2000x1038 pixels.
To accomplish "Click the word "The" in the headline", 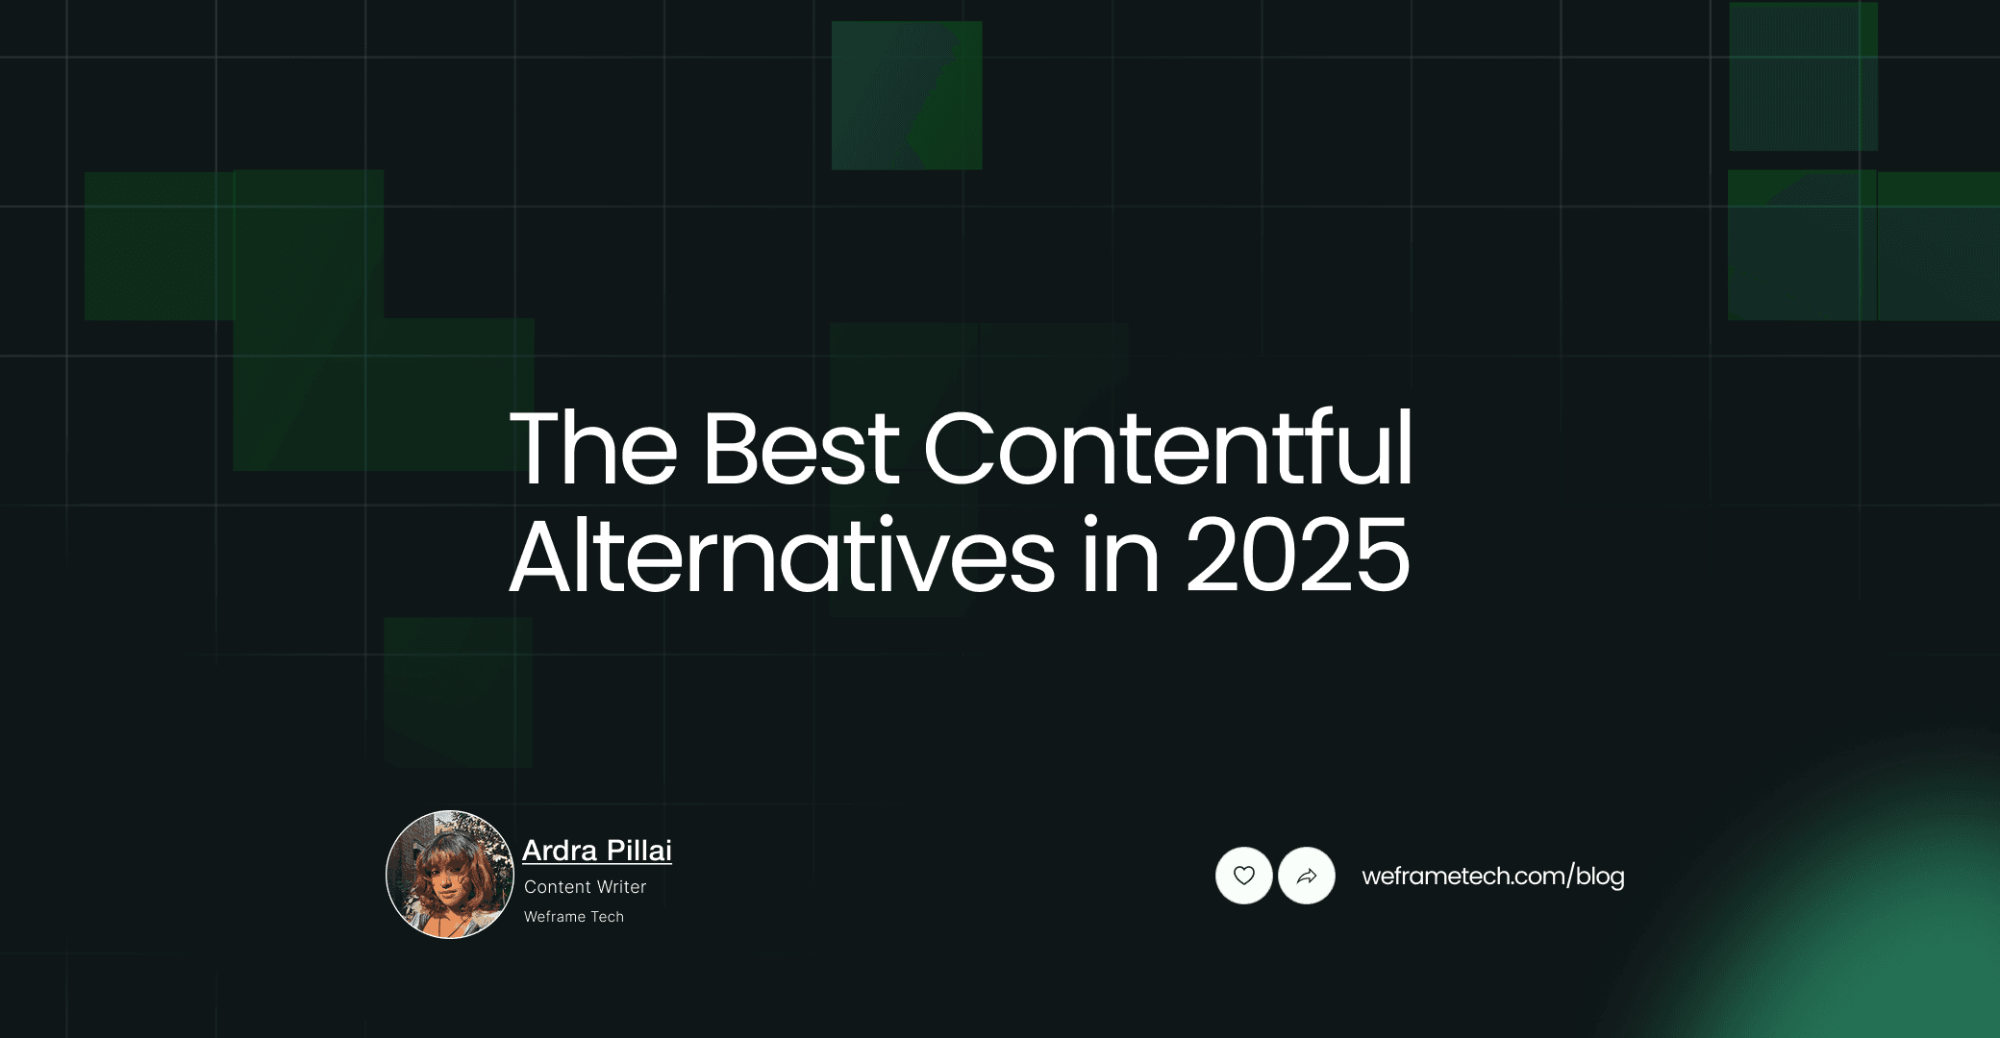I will [593, 449].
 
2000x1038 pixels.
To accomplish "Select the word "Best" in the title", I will [800, 449].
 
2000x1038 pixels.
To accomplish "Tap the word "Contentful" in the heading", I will [1167, 449].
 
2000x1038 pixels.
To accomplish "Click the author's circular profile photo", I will [450, 875].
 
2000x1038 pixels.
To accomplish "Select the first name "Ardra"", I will [560, 851].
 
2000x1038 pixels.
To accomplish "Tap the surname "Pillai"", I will [639, 851].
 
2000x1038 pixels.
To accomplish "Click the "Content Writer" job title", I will [585, 887].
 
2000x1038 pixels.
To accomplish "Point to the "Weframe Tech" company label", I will [574, 917].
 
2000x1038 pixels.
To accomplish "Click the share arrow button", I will [1307, 876].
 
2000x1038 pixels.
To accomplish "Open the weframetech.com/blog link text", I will [1492, 877].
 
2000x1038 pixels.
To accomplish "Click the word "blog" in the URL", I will [1600, 877].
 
